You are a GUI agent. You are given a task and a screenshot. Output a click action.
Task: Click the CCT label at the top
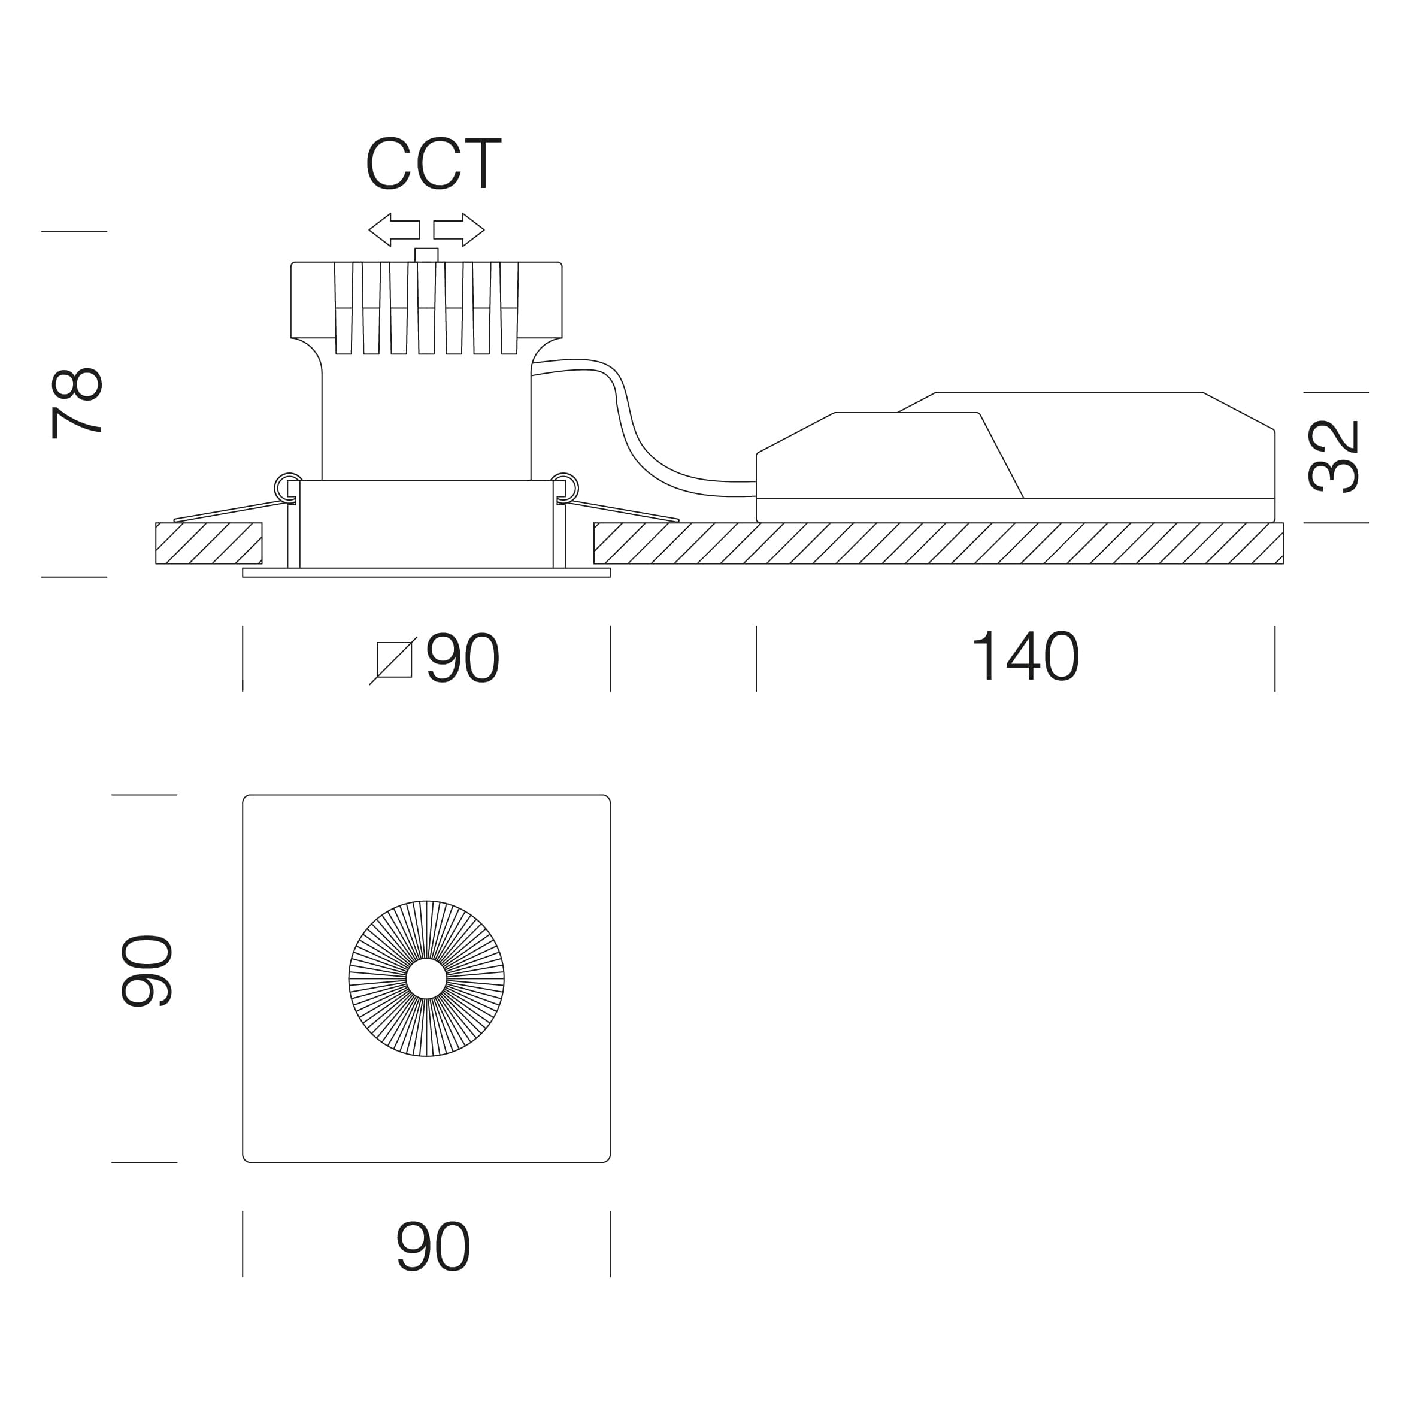433,163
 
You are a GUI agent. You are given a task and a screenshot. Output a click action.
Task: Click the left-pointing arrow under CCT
394,230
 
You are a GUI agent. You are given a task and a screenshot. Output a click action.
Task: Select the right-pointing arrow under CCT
459,230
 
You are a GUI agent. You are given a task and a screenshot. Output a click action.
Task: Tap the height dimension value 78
77,403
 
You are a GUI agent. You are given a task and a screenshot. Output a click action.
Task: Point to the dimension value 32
1333,456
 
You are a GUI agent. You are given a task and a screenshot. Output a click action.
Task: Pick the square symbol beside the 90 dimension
393,660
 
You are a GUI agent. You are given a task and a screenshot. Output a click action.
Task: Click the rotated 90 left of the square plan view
147,971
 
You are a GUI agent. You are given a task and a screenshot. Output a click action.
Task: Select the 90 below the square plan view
433,1246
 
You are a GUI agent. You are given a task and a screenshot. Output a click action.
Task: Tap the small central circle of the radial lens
426,978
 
